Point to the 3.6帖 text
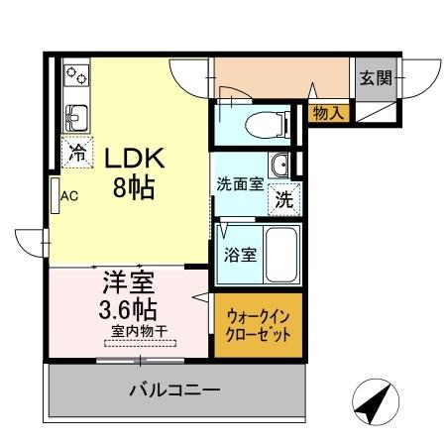pos(126,307)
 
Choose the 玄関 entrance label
pos(376,77)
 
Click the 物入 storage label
pos(328,113)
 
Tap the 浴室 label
pos(241,254)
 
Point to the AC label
pos(69,195)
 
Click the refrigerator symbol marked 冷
pos(76,152)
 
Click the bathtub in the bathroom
pos(283,254)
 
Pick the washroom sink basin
pos(281,165)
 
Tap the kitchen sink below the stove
pos(75,120)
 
